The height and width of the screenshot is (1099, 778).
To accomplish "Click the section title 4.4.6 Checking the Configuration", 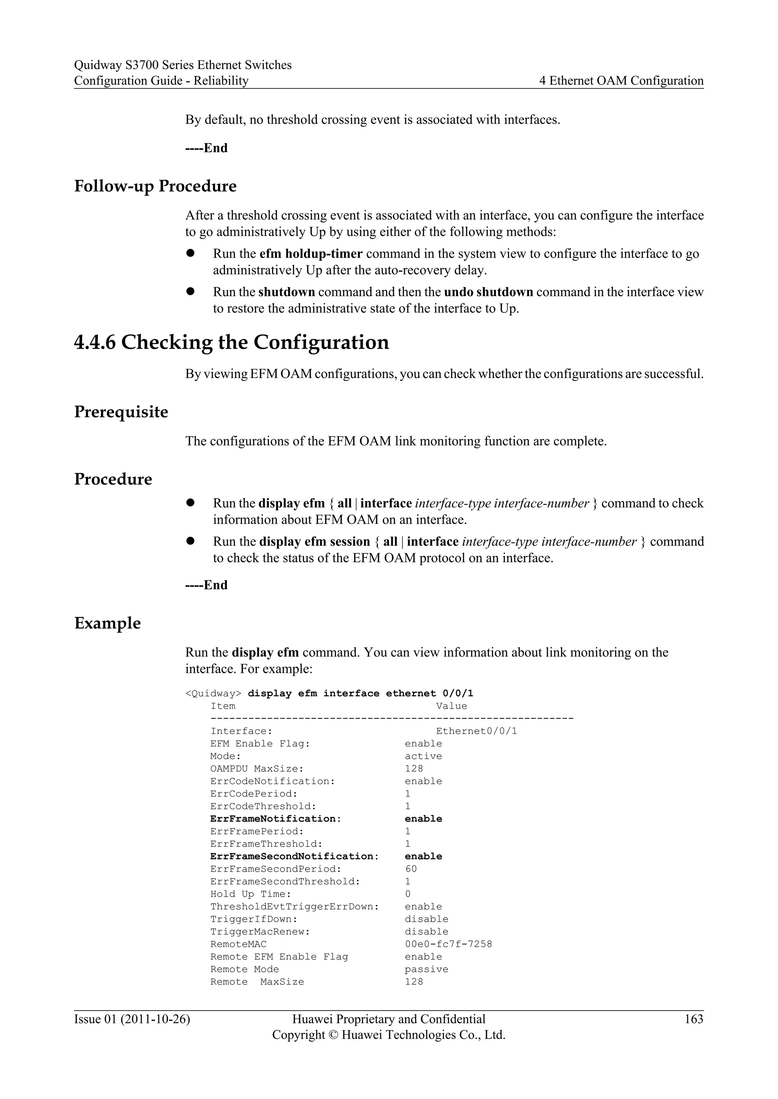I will pos(231,343).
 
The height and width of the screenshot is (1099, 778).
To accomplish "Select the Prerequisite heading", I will pos(121,412).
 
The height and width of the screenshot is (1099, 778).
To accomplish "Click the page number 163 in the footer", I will pos(694,1019).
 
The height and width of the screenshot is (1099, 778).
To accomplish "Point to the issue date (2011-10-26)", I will pos(155,1019).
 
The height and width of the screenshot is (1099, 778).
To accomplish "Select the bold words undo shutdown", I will pos(488,292).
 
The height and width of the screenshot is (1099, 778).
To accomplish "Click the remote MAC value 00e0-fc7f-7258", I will pos(448,944).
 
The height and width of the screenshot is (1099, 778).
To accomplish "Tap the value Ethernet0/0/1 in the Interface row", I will pos(476,731).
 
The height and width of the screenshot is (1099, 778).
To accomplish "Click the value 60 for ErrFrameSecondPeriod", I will pos(411,869).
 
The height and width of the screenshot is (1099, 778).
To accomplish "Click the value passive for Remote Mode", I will pos(426,969).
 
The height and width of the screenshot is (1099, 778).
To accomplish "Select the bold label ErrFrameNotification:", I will pos(275,819).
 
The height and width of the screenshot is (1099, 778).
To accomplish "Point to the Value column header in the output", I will pos(451,706).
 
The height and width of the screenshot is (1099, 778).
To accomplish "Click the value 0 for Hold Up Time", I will pos(408,894).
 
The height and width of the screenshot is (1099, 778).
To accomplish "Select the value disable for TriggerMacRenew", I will pos(426,932).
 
